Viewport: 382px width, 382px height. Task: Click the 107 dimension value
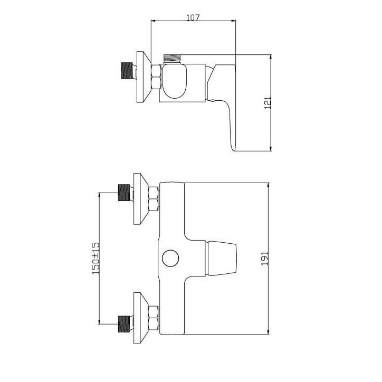click(x=193, y=17)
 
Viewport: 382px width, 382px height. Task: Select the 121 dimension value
click(x=268, y=102)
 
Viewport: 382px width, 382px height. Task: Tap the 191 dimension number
click(x=265, y=258)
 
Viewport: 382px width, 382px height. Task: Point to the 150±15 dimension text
click(x=96, y=258)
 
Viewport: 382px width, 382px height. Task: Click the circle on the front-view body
click(x=170, y=258)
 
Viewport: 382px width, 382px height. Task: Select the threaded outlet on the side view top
click(x=172, y=59)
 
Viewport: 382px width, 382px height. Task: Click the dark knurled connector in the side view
click(x=127, y=71)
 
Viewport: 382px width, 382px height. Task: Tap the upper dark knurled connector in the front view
click(x=124, y=193)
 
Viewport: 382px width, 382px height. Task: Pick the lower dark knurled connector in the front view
click(x=124, y=324)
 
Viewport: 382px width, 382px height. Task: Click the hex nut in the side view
click(x=156, y=77)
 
